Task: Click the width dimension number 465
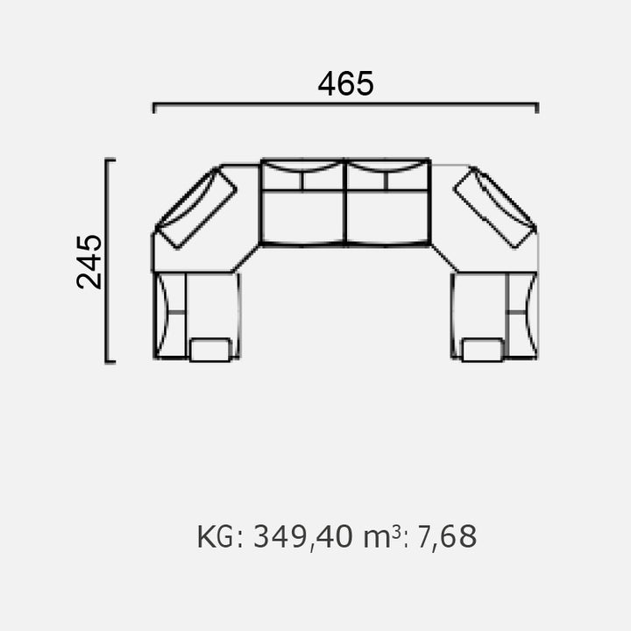click(345, 84)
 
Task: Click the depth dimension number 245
click(89, 261)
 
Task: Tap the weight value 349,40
click(303, 537)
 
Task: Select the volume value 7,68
click(447, 537)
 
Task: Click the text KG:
click(220, 537)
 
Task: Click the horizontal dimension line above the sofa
click(345, 104)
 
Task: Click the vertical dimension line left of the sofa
click(106, 261)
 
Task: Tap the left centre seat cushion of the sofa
click(302, 216)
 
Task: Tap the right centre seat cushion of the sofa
click(388, 216)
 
